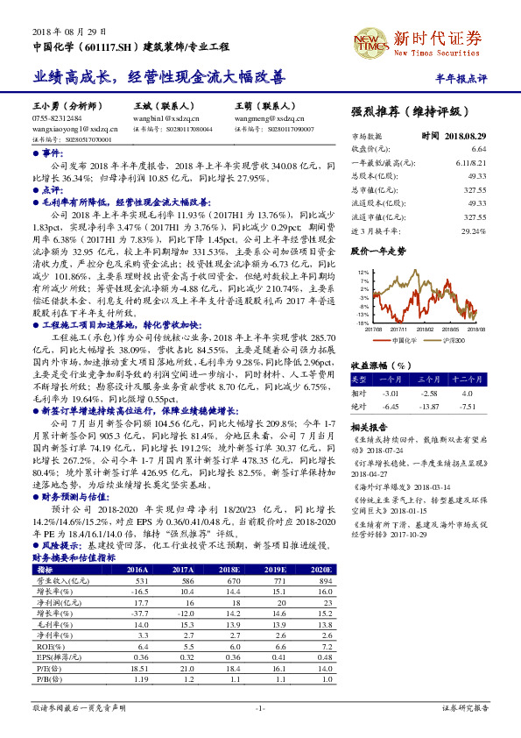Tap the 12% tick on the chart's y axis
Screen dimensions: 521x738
click(364, 273)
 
